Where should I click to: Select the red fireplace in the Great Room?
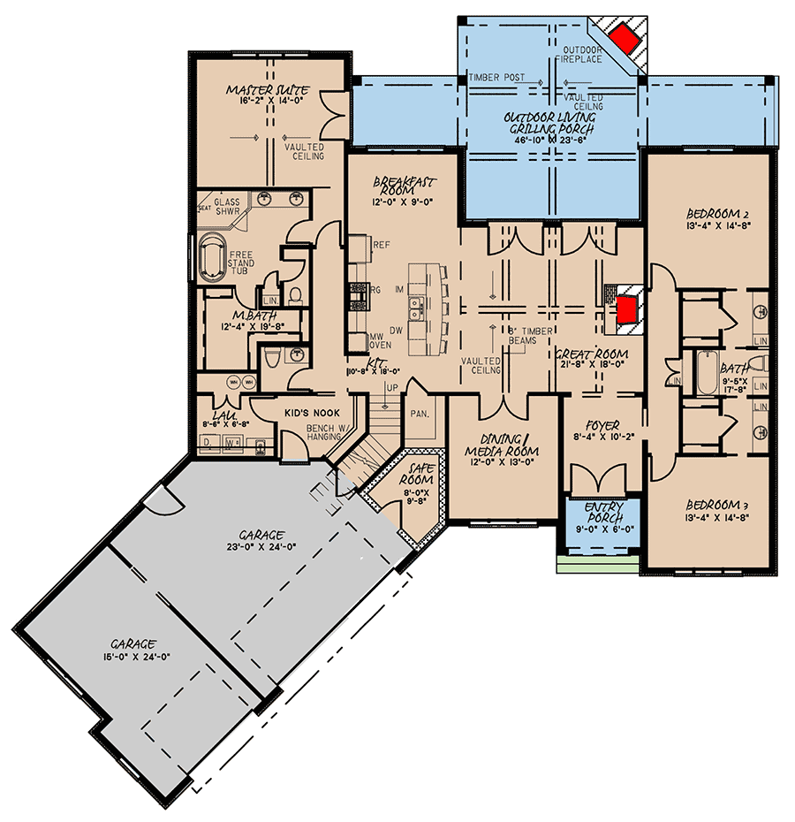pyautogui.click(x=626, y=309)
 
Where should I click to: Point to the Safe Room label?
pyautogui.click(x=420, y=474)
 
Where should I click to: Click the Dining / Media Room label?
pyautogui.click(x=502, y=445)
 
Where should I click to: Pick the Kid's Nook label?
pyautogui.click(x=307, y=414)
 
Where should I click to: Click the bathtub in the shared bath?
pyautogui.click(x=708, y=375)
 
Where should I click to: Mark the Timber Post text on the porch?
pyautogui.click(x=496, y=78)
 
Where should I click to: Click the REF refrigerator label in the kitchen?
pyautogui.click(x=382, y=245)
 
